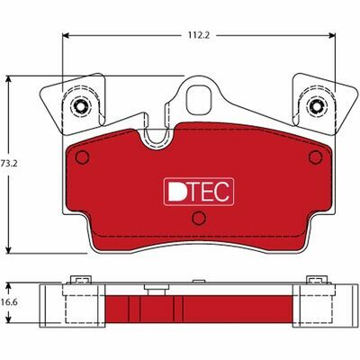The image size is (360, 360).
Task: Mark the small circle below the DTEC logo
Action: pyautogui.click(x=199, y=219)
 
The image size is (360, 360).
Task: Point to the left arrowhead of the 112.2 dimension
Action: pyautogui.click(x=65, y=37)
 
